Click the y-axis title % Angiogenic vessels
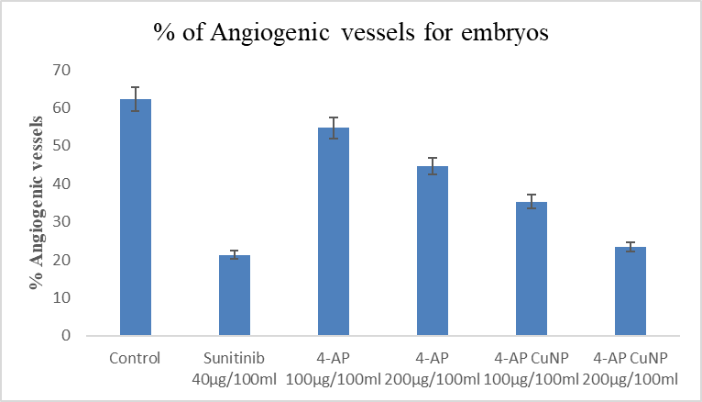(x=37, y=202)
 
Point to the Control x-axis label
(x=135, y=358)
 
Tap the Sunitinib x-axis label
(x=234, y=358)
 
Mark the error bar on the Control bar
(x=135, y=98)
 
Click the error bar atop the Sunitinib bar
(x=234, y=254)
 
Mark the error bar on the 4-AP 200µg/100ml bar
(x=433, y=165)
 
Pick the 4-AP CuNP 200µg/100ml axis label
(x=631, y=368)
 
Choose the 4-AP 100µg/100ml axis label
(x=334, y=368)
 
